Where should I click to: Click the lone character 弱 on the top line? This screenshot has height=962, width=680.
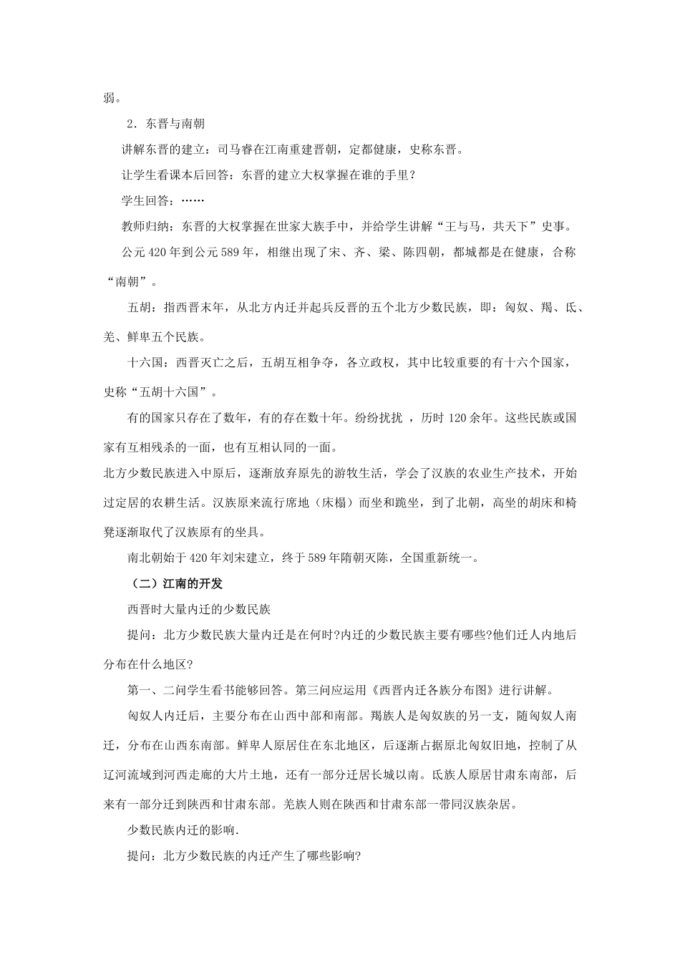point(110,98)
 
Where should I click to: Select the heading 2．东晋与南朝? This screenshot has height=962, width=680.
point(165,124)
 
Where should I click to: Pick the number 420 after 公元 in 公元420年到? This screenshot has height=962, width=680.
point(157,253)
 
